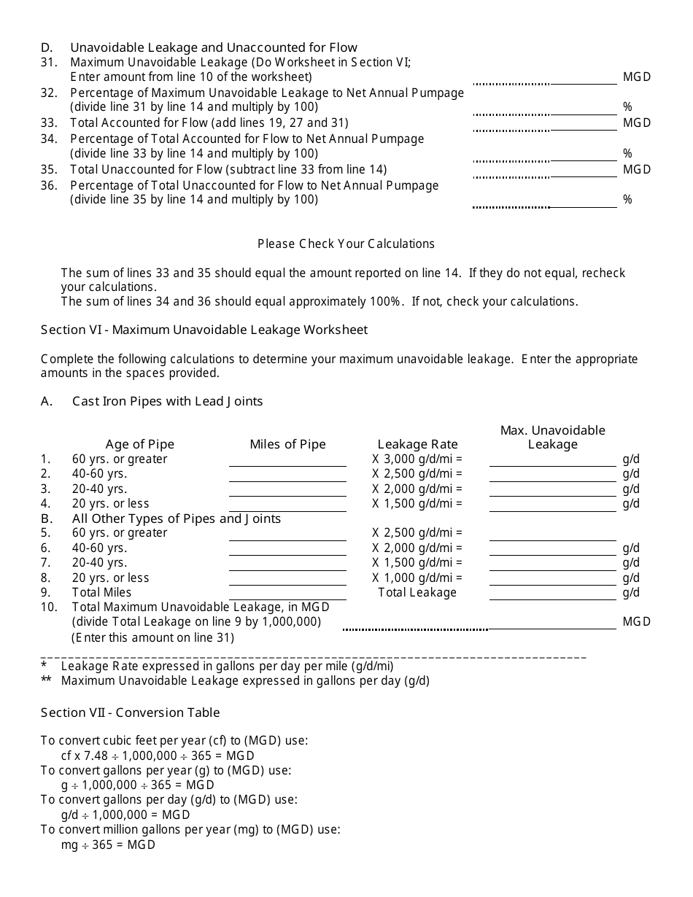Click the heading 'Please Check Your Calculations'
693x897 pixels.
pos(346,244)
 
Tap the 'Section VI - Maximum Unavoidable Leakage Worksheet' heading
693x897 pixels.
pos(204,330)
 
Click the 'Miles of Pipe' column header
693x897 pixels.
pos(287,444)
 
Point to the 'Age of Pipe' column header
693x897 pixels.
pos(140,444)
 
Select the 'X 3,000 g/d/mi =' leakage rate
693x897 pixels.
pos(417,459)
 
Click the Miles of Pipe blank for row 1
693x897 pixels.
pos(287,460)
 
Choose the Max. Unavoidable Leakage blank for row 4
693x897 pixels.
pos(552,505)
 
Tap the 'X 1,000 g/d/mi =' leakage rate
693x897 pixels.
pos(417,578)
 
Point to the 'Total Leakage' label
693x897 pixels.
pos(417,592)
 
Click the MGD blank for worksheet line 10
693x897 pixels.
pos(552,623)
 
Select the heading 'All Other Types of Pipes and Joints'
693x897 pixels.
pos(176,519)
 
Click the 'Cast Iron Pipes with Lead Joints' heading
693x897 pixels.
pos(167,401)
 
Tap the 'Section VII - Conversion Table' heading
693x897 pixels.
pos(130,712)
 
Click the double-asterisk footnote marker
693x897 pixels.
pos(46,681)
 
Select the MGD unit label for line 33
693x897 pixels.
pos(636,123)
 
